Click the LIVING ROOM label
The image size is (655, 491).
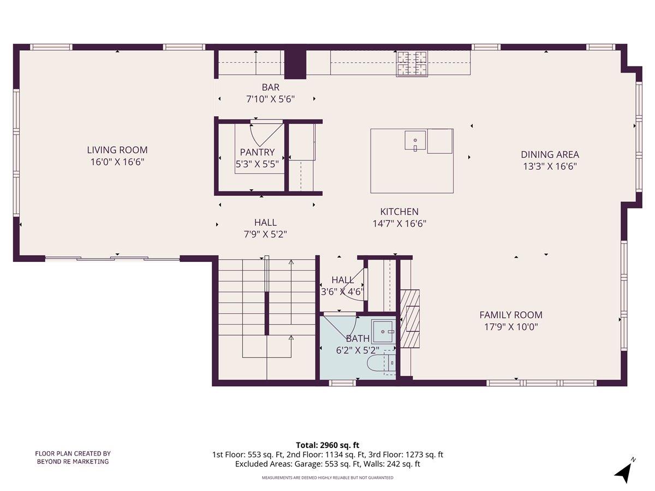[x=117, y=150]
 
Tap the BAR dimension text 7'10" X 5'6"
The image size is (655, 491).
[x=270, y=99]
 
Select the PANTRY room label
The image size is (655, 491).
[x=257, y=153]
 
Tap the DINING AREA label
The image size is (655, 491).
[x=549, y=154]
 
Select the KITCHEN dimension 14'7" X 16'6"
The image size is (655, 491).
[x=399, y=223]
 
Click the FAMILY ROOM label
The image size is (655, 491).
[x=510, y=315]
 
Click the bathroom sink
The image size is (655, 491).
[x=383, y=331]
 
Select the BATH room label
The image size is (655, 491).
[x=358, y=339]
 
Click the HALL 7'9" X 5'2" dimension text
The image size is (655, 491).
[x=265, y=234]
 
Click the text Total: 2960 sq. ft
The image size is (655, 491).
[x=327, y=445]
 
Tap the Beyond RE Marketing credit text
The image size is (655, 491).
[x=73, y=457]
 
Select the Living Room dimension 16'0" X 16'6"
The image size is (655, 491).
[x=117, y=162]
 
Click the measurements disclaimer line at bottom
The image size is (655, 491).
[x=327, y=477]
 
